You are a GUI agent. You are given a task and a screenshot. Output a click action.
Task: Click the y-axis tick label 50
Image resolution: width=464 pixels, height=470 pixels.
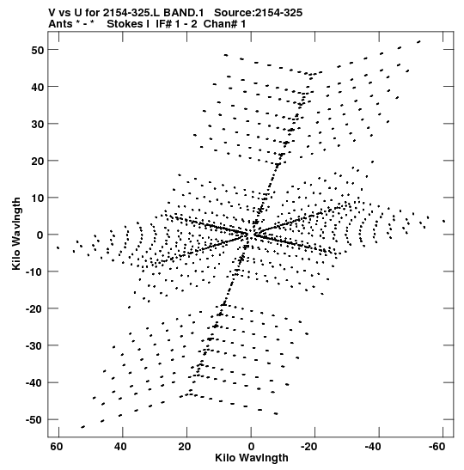pyautogui.click(x=38, y=50)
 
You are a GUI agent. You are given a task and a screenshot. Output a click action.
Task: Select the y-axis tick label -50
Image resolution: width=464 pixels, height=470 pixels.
pyautogui.click(x=35, y=420)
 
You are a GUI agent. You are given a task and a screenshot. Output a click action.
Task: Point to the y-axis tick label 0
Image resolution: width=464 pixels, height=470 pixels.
pyautogui.click(x=40, y=235)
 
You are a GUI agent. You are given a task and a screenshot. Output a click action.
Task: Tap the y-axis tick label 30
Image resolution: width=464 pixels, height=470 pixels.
pyautogui.click(x=38, y=124)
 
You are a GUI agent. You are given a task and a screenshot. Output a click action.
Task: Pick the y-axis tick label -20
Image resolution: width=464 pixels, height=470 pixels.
pyautogui.click(x=35, y=308)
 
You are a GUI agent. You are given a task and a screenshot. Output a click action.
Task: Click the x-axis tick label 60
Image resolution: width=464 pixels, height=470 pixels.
pyautogui.click(x=57, y=447)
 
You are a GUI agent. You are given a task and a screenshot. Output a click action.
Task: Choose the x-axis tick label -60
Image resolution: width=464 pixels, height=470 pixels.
pyautogui.click(x=437, y=447)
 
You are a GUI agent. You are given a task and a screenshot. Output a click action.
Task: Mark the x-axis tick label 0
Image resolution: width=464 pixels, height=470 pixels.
pyautogui.click(x=251, y=447)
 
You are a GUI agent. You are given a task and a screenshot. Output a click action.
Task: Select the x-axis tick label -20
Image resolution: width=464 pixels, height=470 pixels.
pyautogui.click(x=308, y=447)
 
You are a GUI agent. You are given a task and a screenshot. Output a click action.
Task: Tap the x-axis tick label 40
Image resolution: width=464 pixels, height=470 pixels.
pyautogui.click(x=120, y=447)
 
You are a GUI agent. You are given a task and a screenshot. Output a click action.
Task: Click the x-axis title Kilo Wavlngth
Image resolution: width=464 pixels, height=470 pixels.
pyautogui.click(x=252, y=458)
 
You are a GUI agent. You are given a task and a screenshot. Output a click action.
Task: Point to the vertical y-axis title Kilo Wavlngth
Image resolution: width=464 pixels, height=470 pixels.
pyautogui.click(x=16, y=234)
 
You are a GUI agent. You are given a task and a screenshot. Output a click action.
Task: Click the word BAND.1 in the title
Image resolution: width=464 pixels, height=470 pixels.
pyautogui.click(x=184, y=13)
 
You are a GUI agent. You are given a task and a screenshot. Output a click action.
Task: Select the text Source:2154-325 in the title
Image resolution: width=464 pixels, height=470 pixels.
pyautogui.click(x=258, y=13)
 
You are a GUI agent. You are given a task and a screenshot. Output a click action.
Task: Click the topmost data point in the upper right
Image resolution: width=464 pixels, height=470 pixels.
pyautogui.click(x=418, y=41)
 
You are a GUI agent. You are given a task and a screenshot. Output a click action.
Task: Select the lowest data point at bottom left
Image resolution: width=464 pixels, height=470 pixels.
pyautogui.click(x=83, y=427)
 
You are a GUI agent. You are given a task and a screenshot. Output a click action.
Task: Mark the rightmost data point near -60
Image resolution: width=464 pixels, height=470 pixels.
pyautogui.click(x=443, y=221)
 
